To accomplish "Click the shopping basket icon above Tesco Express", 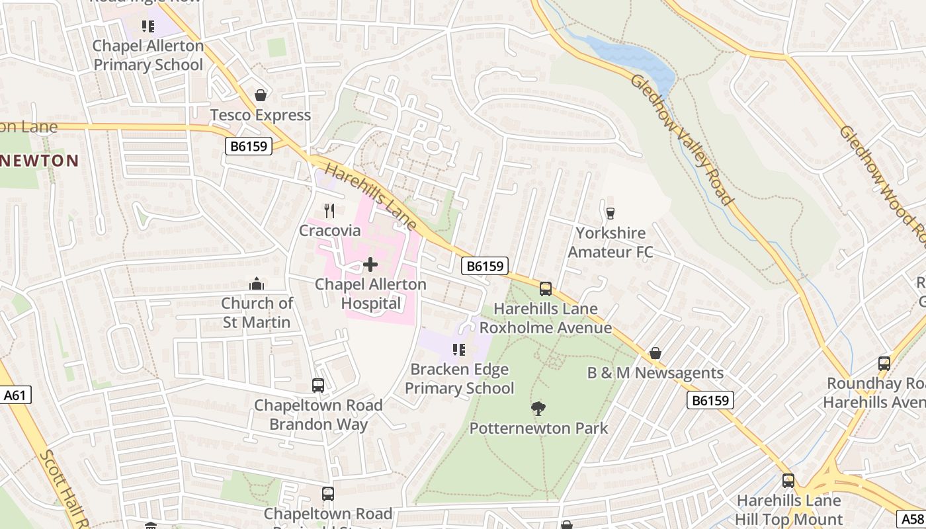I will pos(261,96).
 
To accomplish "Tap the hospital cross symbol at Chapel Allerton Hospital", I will pos(370,265).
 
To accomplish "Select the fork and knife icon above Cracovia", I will pos(329,211).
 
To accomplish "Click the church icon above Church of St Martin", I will pos(257,284).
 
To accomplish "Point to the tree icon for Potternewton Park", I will pos(538,409).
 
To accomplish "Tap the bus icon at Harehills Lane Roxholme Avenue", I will pos(546,289).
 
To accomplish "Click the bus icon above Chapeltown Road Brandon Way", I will pos(318,386).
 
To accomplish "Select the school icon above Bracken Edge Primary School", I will pos(458,350).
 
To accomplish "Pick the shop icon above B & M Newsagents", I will pos(655,353).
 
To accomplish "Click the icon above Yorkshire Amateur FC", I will pos(610,213).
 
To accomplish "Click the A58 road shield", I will pos(911,519).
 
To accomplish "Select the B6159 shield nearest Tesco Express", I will pos(249,146).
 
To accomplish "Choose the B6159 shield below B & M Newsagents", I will pos(710,400).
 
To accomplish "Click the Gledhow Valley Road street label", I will pos(682,140).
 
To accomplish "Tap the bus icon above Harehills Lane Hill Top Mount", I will pos(788,481).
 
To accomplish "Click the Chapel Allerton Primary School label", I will pos(148,56).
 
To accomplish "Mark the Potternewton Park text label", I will pos(538,428).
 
